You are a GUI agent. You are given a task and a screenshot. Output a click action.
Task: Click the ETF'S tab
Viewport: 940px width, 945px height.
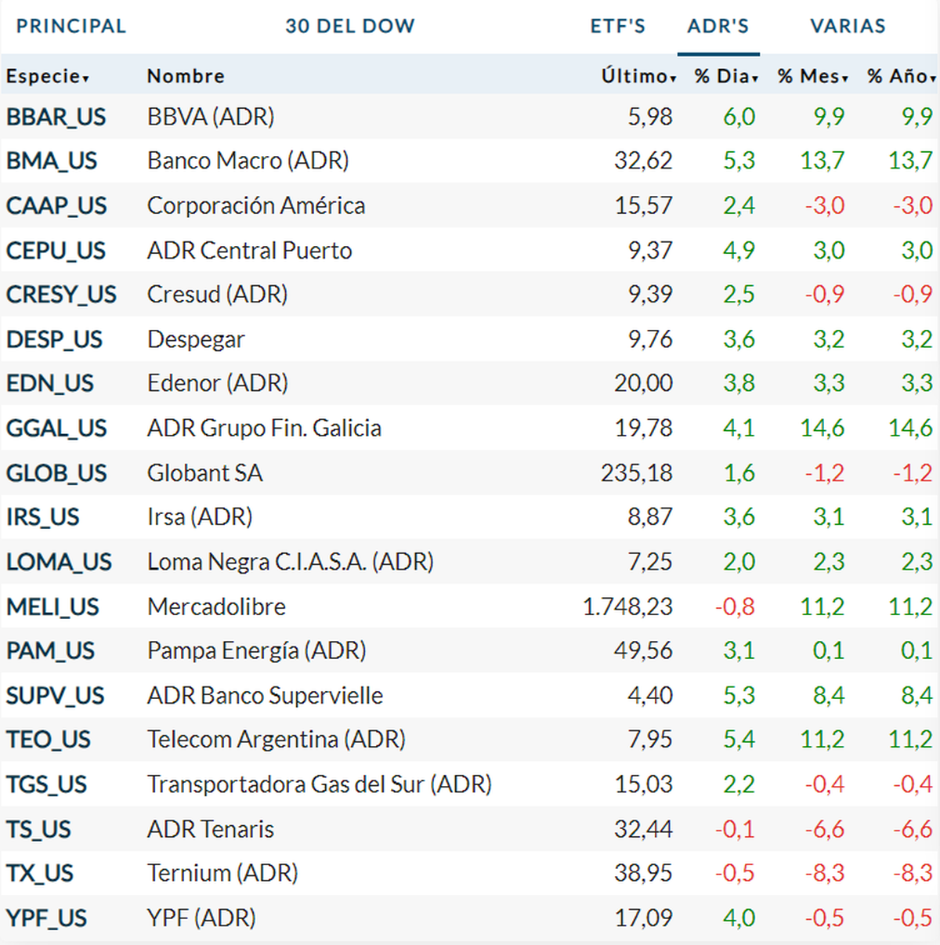617,26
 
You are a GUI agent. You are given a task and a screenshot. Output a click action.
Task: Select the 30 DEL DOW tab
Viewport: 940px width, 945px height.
349,26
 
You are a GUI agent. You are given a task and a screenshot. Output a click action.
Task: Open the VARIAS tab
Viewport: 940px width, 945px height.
848,26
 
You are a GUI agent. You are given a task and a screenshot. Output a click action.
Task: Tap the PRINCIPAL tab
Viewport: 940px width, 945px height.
71,26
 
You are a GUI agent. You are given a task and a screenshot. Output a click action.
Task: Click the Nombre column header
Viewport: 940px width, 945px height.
186,76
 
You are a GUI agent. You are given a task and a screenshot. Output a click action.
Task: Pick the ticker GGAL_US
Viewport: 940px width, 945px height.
56,429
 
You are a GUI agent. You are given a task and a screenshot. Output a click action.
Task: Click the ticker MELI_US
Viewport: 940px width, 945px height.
52,607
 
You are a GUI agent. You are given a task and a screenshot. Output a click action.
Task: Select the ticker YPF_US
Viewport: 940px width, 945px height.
46,918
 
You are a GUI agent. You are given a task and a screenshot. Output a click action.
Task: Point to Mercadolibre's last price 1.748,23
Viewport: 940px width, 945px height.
627,607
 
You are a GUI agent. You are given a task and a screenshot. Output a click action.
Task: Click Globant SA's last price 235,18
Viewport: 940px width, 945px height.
636,473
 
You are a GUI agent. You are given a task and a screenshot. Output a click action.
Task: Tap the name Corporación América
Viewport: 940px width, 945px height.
256,206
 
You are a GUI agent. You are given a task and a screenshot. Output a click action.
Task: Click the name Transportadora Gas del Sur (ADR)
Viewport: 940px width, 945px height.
320,784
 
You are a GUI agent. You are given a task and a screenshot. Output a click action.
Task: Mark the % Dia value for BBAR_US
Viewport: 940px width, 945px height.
739,117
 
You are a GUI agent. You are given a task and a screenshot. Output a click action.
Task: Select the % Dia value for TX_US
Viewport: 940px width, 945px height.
735,874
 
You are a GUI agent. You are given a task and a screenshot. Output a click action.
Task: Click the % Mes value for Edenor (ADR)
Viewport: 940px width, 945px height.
828,383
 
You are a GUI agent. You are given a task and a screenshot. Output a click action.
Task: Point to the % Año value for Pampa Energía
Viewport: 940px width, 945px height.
916,651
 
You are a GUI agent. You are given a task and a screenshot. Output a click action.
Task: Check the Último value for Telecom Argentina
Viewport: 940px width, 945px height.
649,740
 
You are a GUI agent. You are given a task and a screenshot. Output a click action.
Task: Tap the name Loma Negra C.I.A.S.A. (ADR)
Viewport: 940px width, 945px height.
291,563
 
